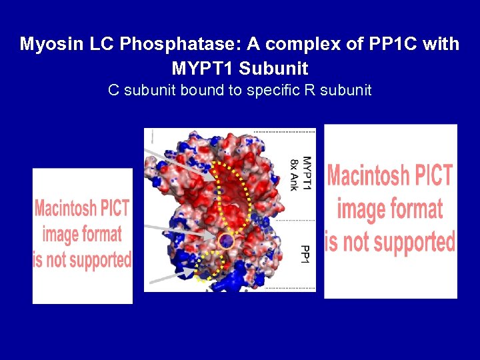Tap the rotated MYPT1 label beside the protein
click(307, 173)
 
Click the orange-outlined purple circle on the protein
click(226, 241)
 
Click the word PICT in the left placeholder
click(115, 209)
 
